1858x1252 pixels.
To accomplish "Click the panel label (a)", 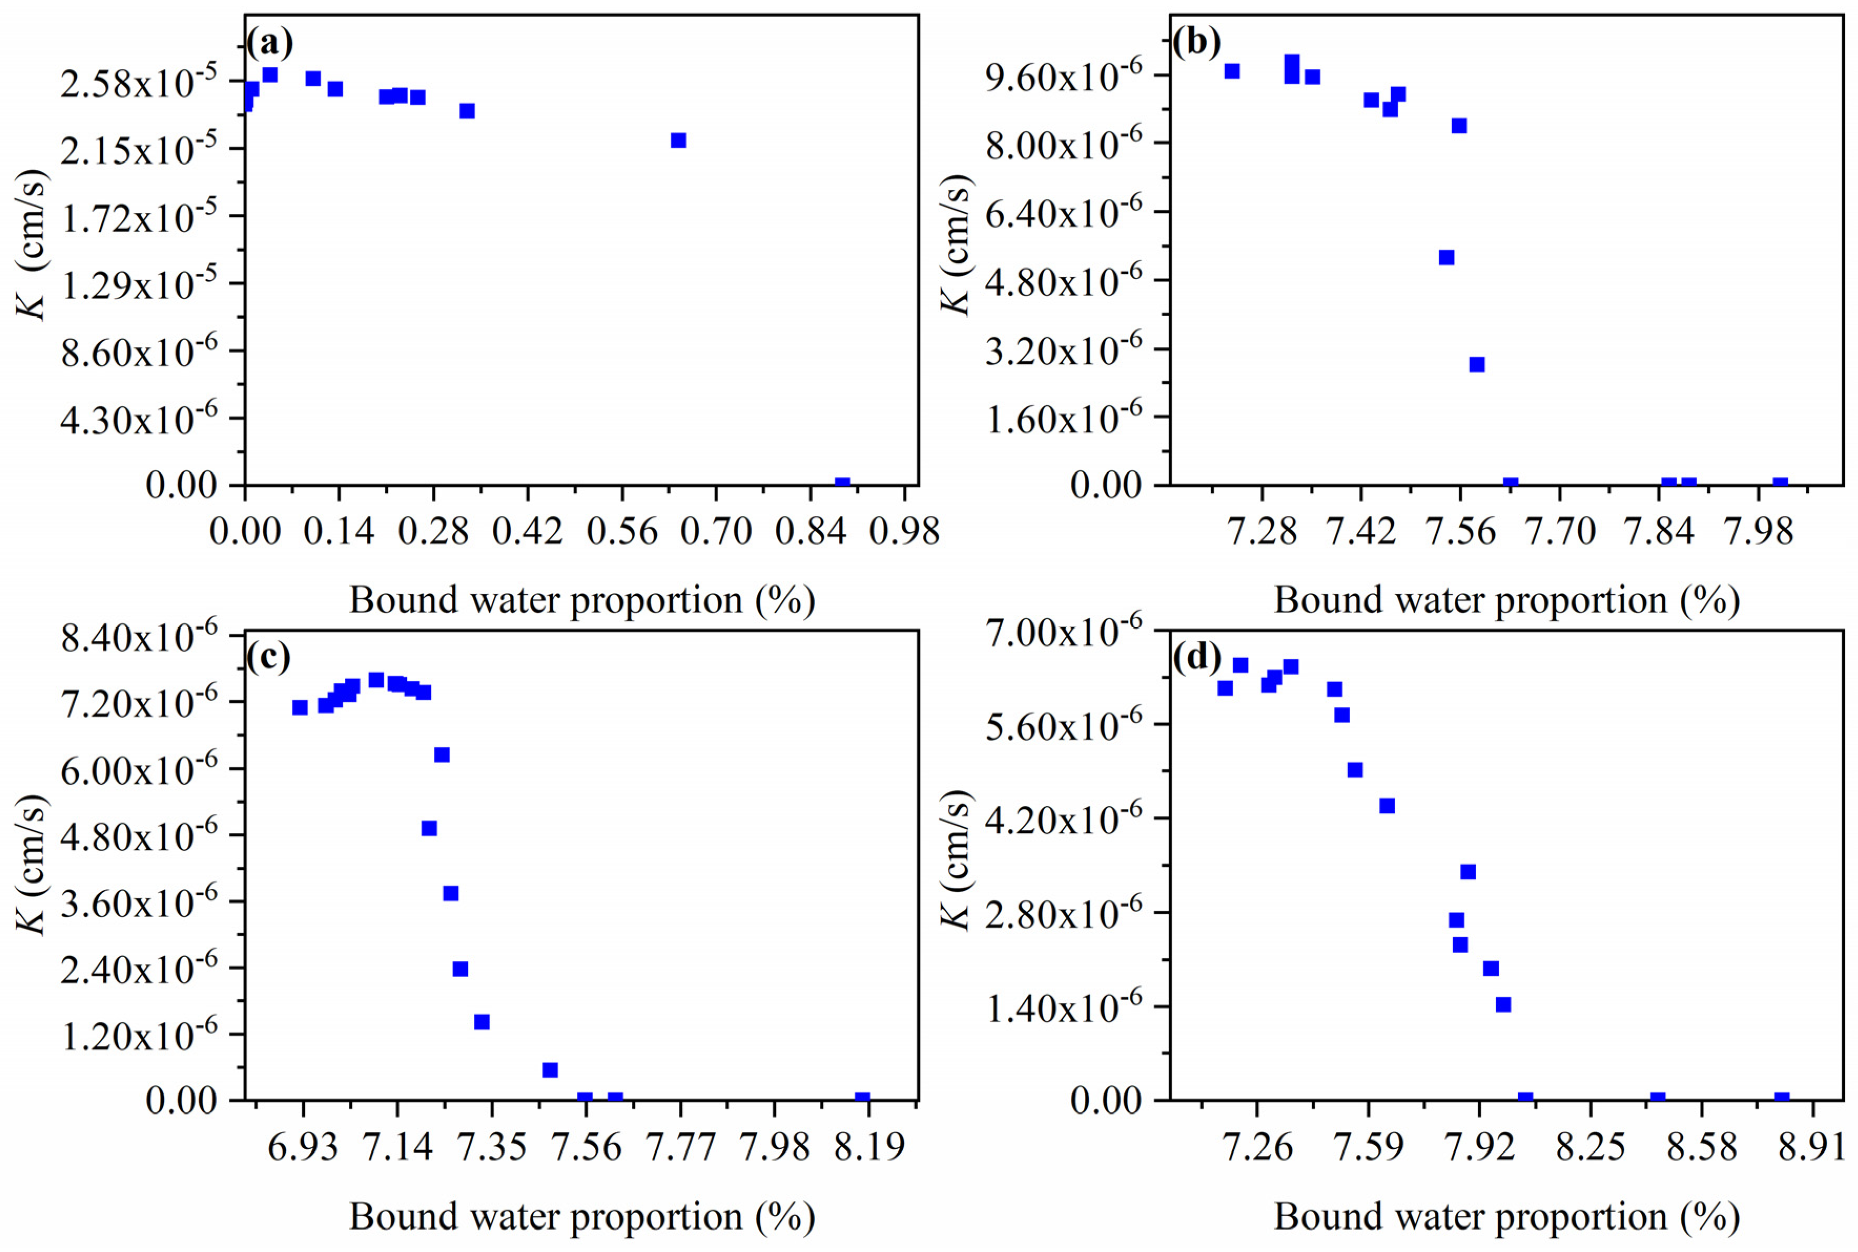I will click(269, 43).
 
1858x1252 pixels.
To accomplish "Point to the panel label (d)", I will click(1197, 656).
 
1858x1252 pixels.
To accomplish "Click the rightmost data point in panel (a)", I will click(841, 484).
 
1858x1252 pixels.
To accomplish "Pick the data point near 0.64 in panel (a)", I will click(678, 140).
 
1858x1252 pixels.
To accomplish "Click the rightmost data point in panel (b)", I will click(1780, 484).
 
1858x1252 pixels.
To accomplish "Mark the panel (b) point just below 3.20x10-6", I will click(1476, 364).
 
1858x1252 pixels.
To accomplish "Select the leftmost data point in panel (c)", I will click(300, 707).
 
